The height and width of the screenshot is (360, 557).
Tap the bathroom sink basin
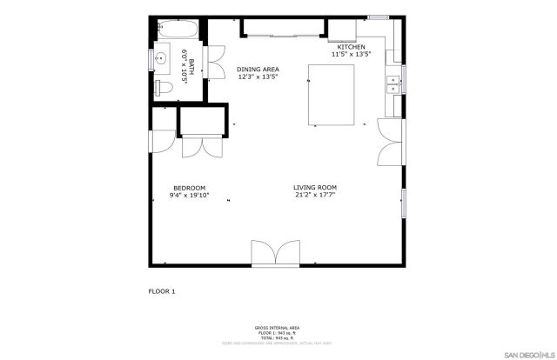point(161,59)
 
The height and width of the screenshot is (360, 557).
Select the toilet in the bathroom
point(164,88)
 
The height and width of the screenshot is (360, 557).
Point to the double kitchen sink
point(393,83)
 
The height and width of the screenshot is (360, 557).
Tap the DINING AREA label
point(258,69)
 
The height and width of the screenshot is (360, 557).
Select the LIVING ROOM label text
point(315,188)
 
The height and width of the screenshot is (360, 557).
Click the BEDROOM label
point(189,189)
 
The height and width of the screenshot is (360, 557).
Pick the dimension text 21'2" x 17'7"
point(315,196)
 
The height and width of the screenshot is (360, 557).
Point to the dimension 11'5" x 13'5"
point(352,54)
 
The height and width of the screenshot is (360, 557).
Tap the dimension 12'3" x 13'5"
point(258,77)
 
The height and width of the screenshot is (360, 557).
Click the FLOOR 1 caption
point(161,291)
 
